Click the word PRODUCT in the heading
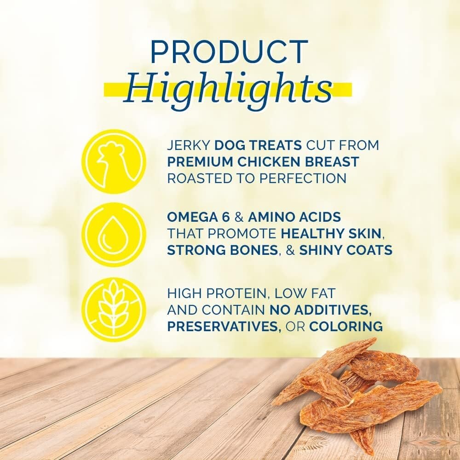pos(229,52)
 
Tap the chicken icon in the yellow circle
pos(114,161)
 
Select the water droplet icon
pos(114,235)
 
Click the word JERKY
pos(189,145)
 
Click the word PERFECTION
pos(303,178)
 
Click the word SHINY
pos(320,251)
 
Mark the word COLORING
pos(346,327)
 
